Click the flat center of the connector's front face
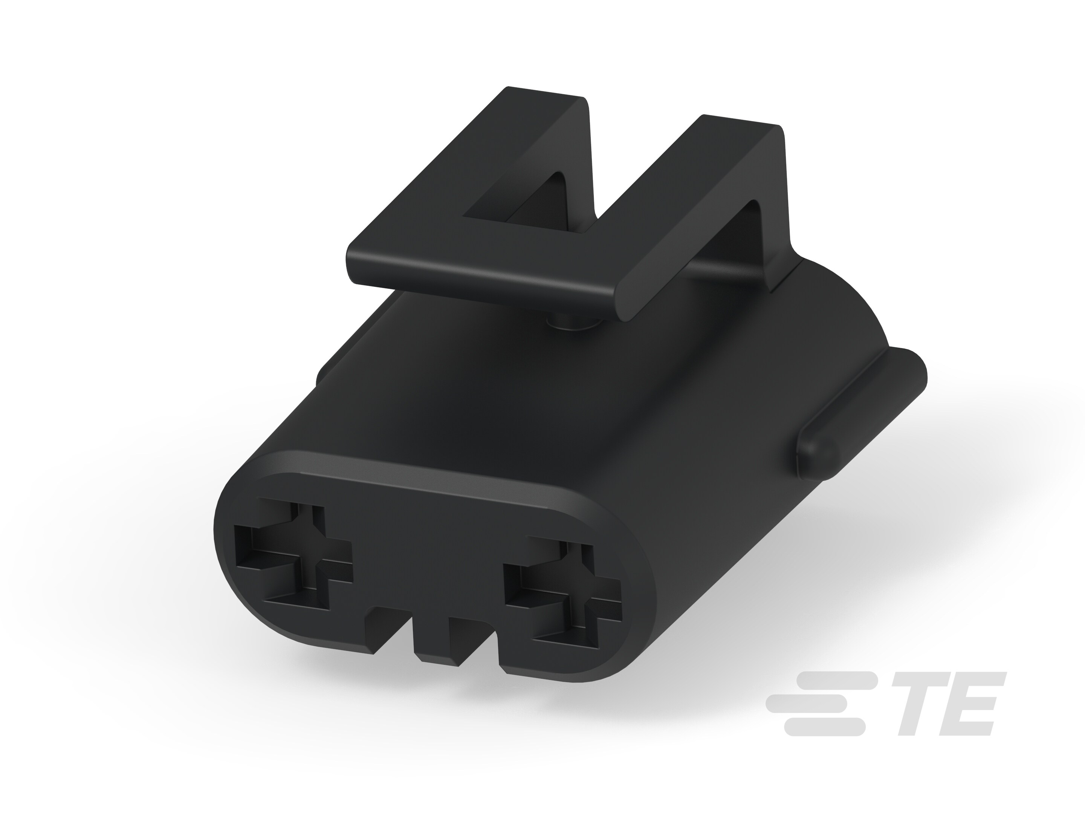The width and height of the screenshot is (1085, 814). (432, 564)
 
